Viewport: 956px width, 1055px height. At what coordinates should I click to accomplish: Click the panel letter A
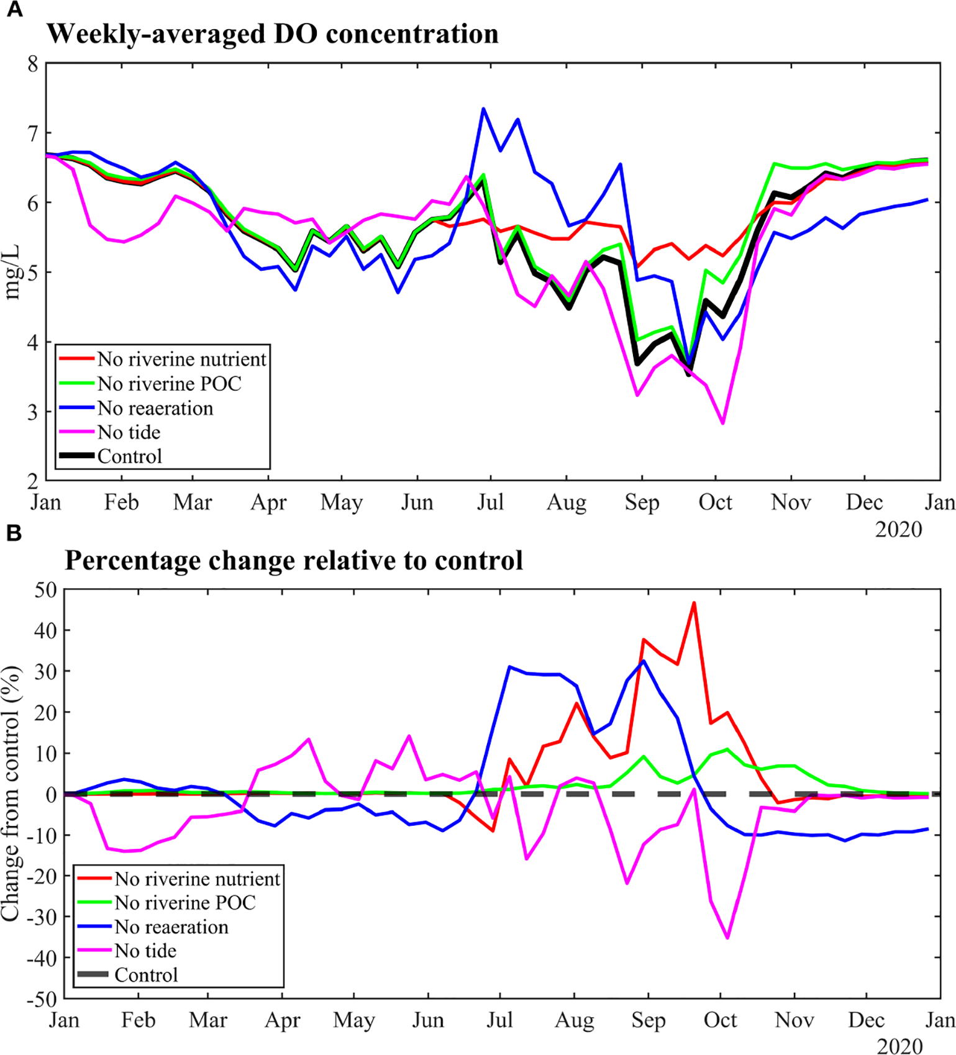tap(14, 10)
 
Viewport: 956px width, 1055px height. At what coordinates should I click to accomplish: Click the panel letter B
tap(14, 533)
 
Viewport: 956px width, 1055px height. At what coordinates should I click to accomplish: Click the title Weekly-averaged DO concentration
tap(272, 34)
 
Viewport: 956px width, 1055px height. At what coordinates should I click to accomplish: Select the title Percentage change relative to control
tap(293, 560)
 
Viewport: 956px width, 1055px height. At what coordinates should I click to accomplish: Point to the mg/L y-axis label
tap(12, 272)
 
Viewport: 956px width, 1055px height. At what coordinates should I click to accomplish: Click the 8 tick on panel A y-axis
tap(32, 64)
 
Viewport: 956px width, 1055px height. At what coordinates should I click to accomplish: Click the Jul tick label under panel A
tap(490, 502)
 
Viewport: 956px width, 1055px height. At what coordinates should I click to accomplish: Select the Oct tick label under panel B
tap(720, 1020)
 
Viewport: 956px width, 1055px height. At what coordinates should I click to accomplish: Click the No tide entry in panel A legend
tap(129, 432)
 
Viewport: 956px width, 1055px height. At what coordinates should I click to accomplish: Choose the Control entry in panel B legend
tap(146, 975)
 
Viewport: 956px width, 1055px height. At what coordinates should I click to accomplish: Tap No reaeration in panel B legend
tap(171, 927)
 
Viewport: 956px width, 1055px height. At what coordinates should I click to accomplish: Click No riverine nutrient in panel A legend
tap(181, 360)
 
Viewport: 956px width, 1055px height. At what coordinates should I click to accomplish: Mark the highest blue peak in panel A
tap(483, 109)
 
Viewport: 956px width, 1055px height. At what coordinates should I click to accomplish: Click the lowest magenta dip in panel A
tap(722, 423)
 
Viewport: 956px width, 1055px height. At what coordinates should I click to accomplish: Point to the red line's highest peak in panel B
tap(694, 602)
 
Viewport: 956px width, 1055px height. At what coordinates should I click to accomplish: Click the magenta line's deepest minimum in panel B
tap(727, 938)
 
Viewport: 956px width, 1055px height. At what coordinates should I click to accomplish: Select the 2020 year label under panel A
tap(898, 530)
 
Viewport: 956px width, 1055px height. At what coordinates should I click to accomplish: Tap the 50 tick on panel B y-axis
tap(45, 590)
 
